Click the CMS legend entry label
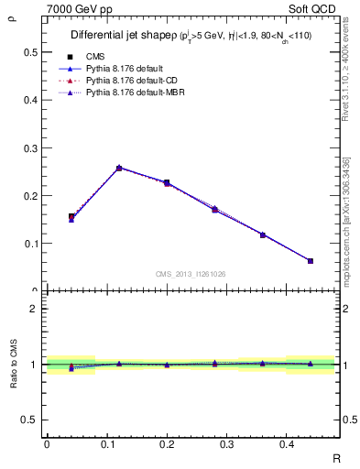pos(96,57)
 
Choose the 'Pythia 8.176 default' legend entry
pos(125,69)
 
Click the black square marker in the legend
pos(71,57)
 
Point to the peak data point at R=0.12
pos(119,168)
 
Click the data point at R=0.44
pos(311,261)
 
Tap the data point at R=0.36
pos(263,235)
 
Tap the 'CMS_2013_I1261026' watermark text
pos(191,274)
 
